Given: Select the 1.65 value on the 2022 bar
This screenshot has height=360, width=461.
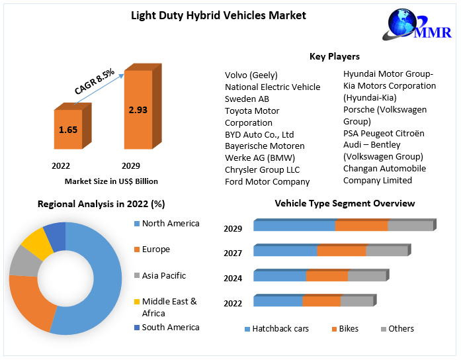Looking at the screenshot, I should point(68,130).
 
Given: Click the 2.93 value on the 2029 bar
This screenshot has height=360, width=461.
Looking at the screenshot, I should point(138,110).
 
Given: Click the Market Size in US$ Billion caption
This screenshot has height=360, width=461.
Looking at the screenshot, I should point(111,181).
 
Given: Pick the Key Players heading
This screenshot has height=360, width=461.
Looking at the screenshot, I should point(335,56).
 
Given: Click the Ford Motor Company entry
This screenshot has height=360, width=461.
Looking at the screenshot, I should point(267,181).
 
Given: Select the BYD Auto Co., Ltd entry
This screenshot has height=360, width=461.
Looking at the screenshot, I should point(259,134).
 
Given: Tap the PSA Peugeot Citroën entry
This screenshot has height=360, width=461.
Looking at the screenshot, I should point(384,133).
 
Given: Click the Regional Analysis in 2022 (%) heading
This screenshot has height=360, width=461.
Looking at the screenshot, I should point(101,204).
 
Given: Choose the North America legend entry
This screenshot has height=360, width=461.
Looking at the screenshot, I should point(170,224).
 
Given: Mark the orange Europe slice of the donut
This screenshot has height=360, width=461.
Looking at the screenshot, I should point(30,304).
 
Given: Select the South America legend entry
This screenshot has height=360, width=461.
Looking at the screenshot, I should point(170,327).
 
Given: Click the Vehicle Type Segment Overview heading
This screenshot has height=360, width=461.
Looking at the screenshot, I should point(345,203).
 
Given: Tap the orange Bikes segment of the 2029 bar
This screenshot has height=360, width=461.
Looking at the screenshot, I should point(361,226).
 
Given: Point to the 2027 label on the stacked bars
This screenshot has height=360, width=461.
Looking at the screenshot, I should point(233,253).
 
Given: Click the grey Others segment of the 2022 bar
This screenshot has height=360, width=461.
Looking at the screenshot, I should point(357,301).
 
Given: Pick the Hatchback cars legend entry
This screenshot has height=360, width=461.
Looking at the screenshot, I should point(280,329).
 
